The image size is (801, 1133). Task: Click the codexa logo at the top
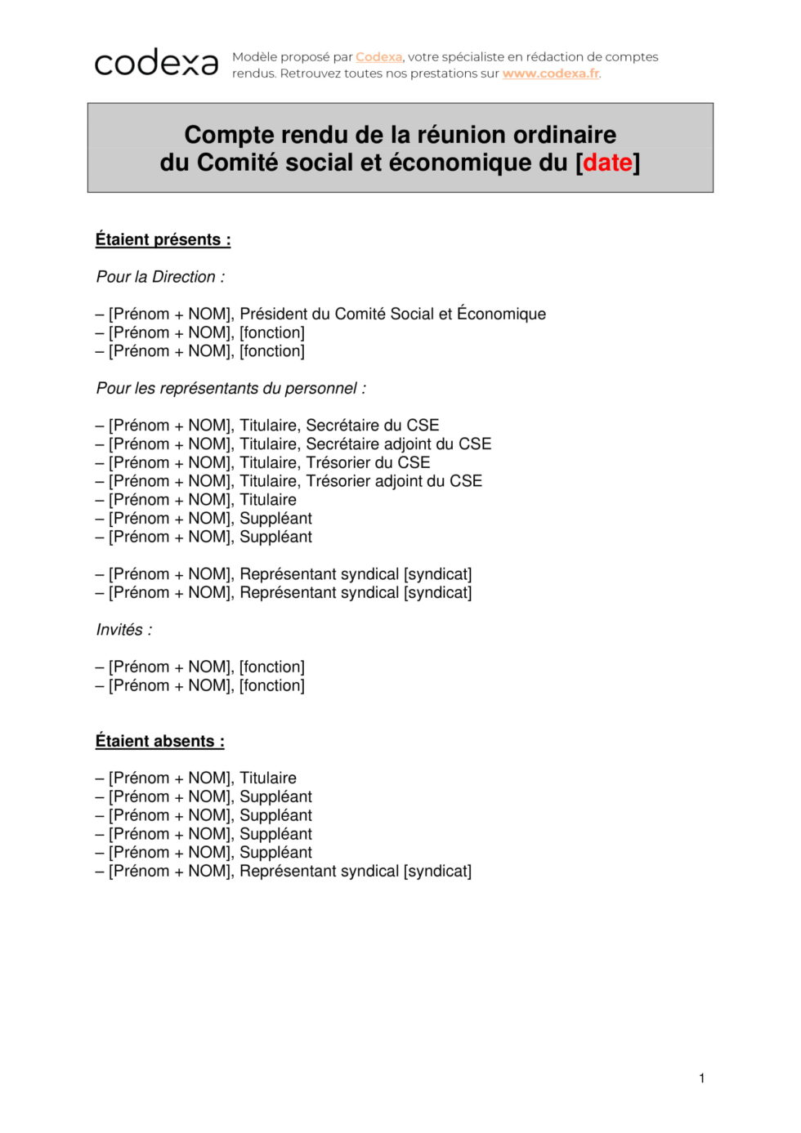click(156, 62)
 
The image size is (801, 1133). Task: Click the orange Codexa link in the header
click(378, 57)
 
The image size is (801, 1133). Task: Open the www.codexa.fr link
click(551, 74)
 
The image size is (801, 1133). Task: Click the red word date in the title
click(607, 163)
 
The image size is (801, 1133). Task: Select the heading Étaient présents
click(163, 239)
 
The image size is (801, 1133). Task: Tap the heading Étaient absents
click(159, 741)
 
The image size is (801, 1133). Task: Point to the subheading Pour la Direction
click(160, 277)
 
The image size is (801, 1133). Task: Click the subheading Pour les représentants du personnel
click(230, 388)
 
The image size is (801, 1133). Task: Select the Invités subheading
click(123, 630)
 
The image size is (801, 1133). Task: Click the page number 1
click(701, 1078)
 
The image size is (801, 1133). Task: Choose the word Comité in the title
click(237, 163)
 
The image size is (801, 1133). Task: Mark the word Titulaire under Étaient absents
click(268, 778)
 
